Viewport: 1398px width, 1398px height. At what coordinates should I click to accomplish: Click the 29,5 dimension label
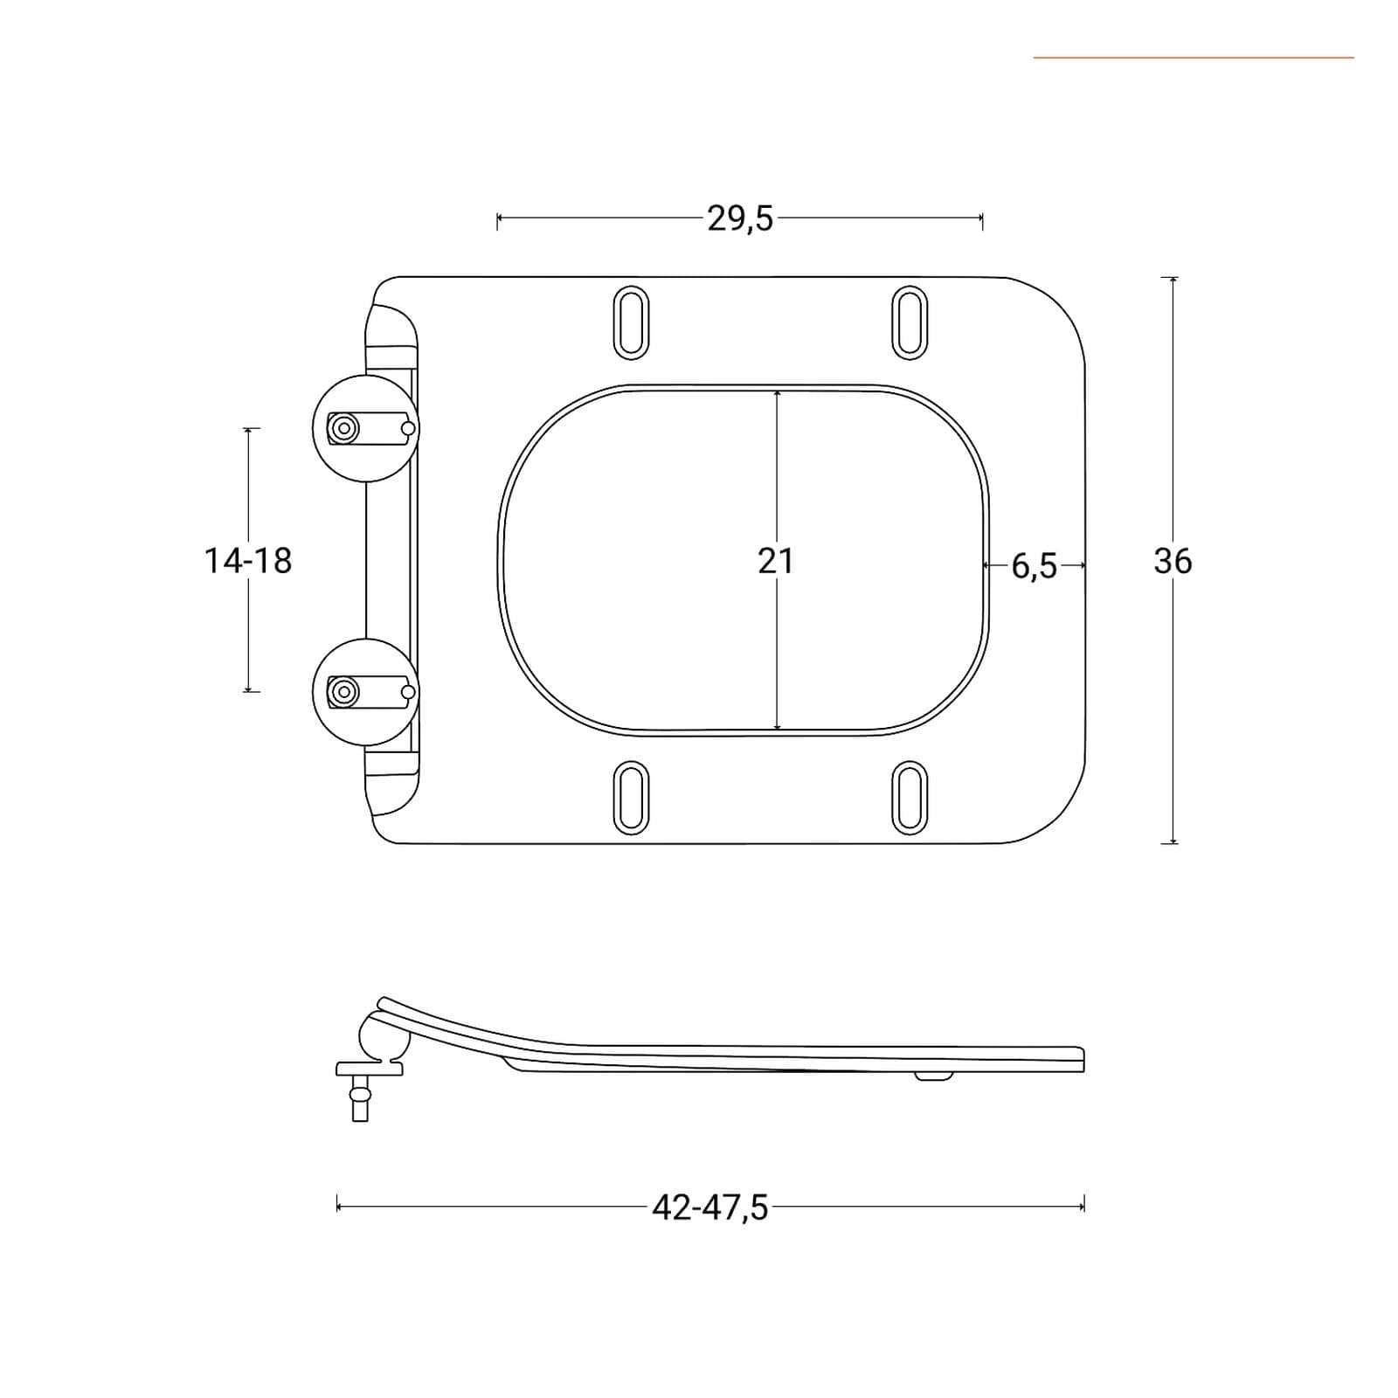[x=740, y=218]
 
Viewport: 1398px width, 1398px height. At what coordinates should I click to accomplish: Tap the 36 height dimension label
[x=1173, y=561]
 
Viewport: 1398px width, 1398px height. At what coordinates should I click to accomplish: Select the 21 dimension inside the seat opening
[x=776, y=561]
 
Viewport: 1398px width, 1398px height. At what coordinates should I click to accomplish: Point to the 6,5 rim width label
[x=1035, y=567]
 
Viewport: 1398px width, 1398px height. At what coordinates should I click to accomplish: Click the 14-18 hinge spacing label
[x=248, y=561]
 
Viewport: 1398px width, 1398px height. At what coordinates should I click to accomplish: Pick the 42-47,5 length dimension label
[x=709, y=1208]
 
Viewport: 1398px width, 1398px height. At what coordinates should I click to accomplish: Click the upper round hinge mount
[x=366, y=428]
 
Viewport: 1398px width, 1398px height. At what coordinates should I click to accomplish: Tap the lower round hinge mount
[x=366, y=692]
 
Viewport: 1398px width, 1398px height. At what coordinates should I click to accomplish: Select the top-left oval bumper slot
[x=631, y=322]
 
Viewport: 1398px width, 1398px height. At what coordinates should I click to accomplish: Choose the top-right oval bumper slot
[x=910, y=322]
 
